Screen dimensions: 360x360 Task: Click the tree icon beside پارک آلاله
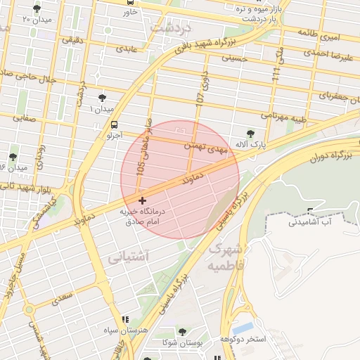250,133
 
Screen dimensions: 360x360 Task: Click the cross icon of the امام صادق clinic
143,201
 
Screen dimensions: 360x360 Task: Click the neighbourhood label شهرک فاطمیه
230,259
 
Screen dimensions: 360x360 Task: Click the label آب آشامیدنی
309,222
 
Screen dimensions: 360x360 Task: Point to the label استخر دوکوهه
261,340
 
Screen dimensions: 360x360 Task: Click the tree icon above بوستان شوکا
182,331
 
